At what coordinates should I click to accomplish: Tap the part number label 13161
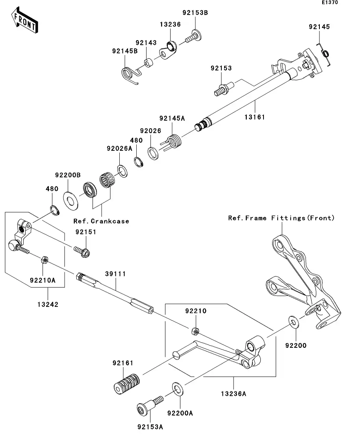coord(255,117)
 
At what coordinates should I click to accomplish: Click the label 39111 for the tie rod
coord(115,273)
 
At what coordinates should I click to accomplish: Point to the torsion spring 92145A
coord(173,141)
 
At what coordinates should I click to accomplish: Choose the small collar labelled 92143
coord(149,63)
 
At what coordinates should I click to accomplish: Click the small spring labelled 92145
coord(326,54)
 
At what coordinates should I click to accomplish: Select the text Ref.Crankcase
coord(101,221)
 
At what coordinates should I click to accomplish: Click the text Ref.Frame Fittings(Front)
coord(281,218)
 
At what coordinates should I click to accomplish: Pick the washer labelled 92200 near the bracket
coord(293,322)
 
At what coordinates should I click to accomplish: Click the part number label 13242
coord(48,304)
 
